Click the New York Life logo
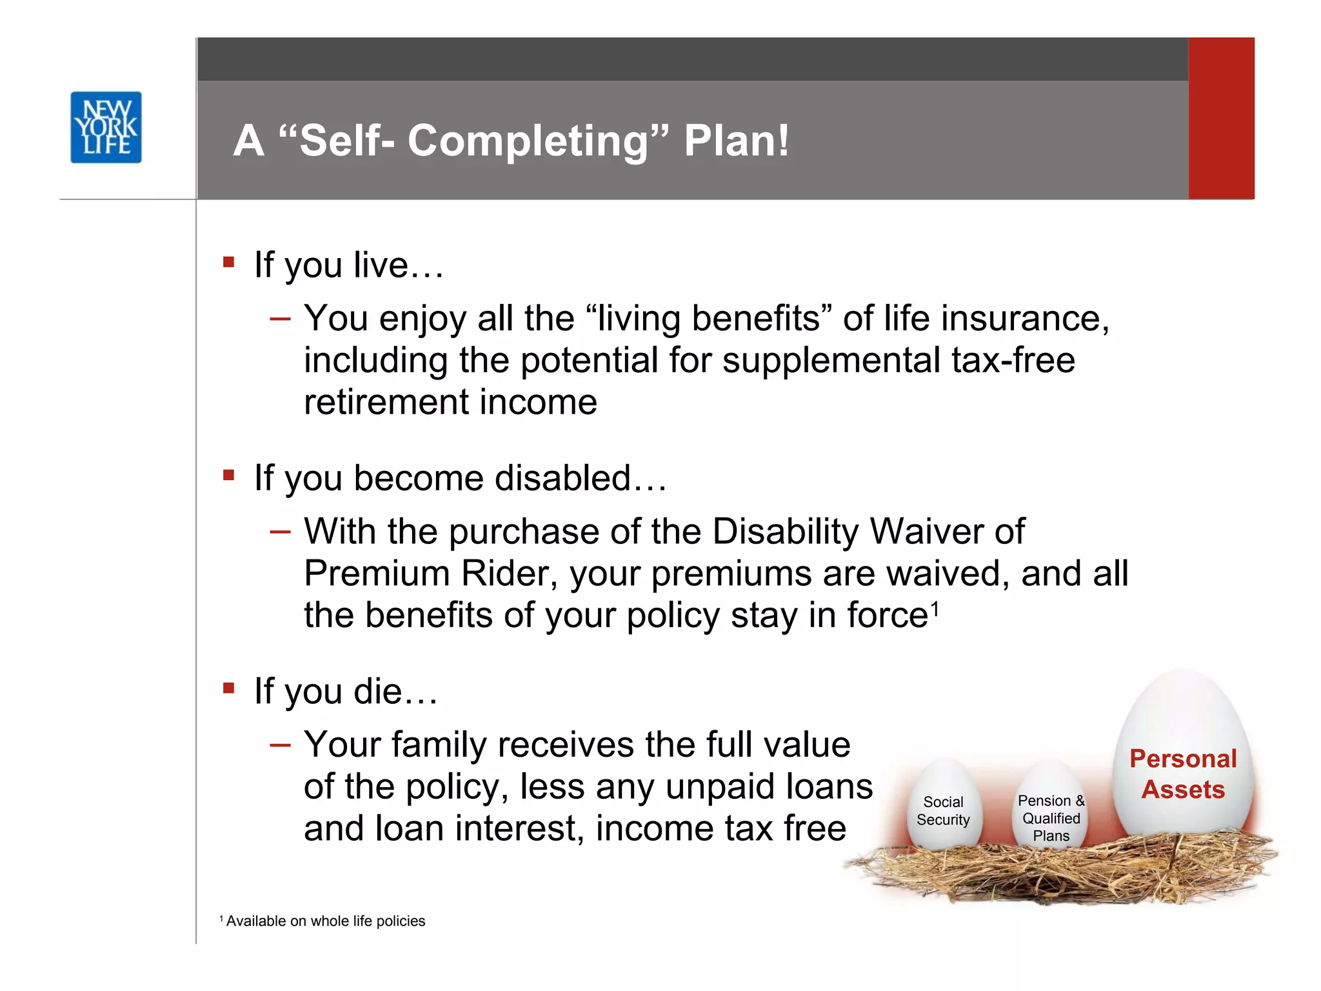[106, 127]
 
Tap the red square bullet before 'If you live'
[228, 262]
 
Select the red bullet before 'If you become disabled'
[228, 475]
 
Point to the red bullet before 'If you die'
[228, 688]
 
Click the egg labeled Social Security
[943, 806]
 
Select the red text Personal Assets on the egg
[1182, 774]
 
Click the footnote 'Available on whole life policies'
[325, 921]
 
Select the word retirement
[385, 402]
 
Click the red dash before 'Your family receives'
[281, 745]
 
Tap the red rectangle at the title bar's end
[1221, 118]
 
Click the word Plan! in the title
[736, 141]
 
